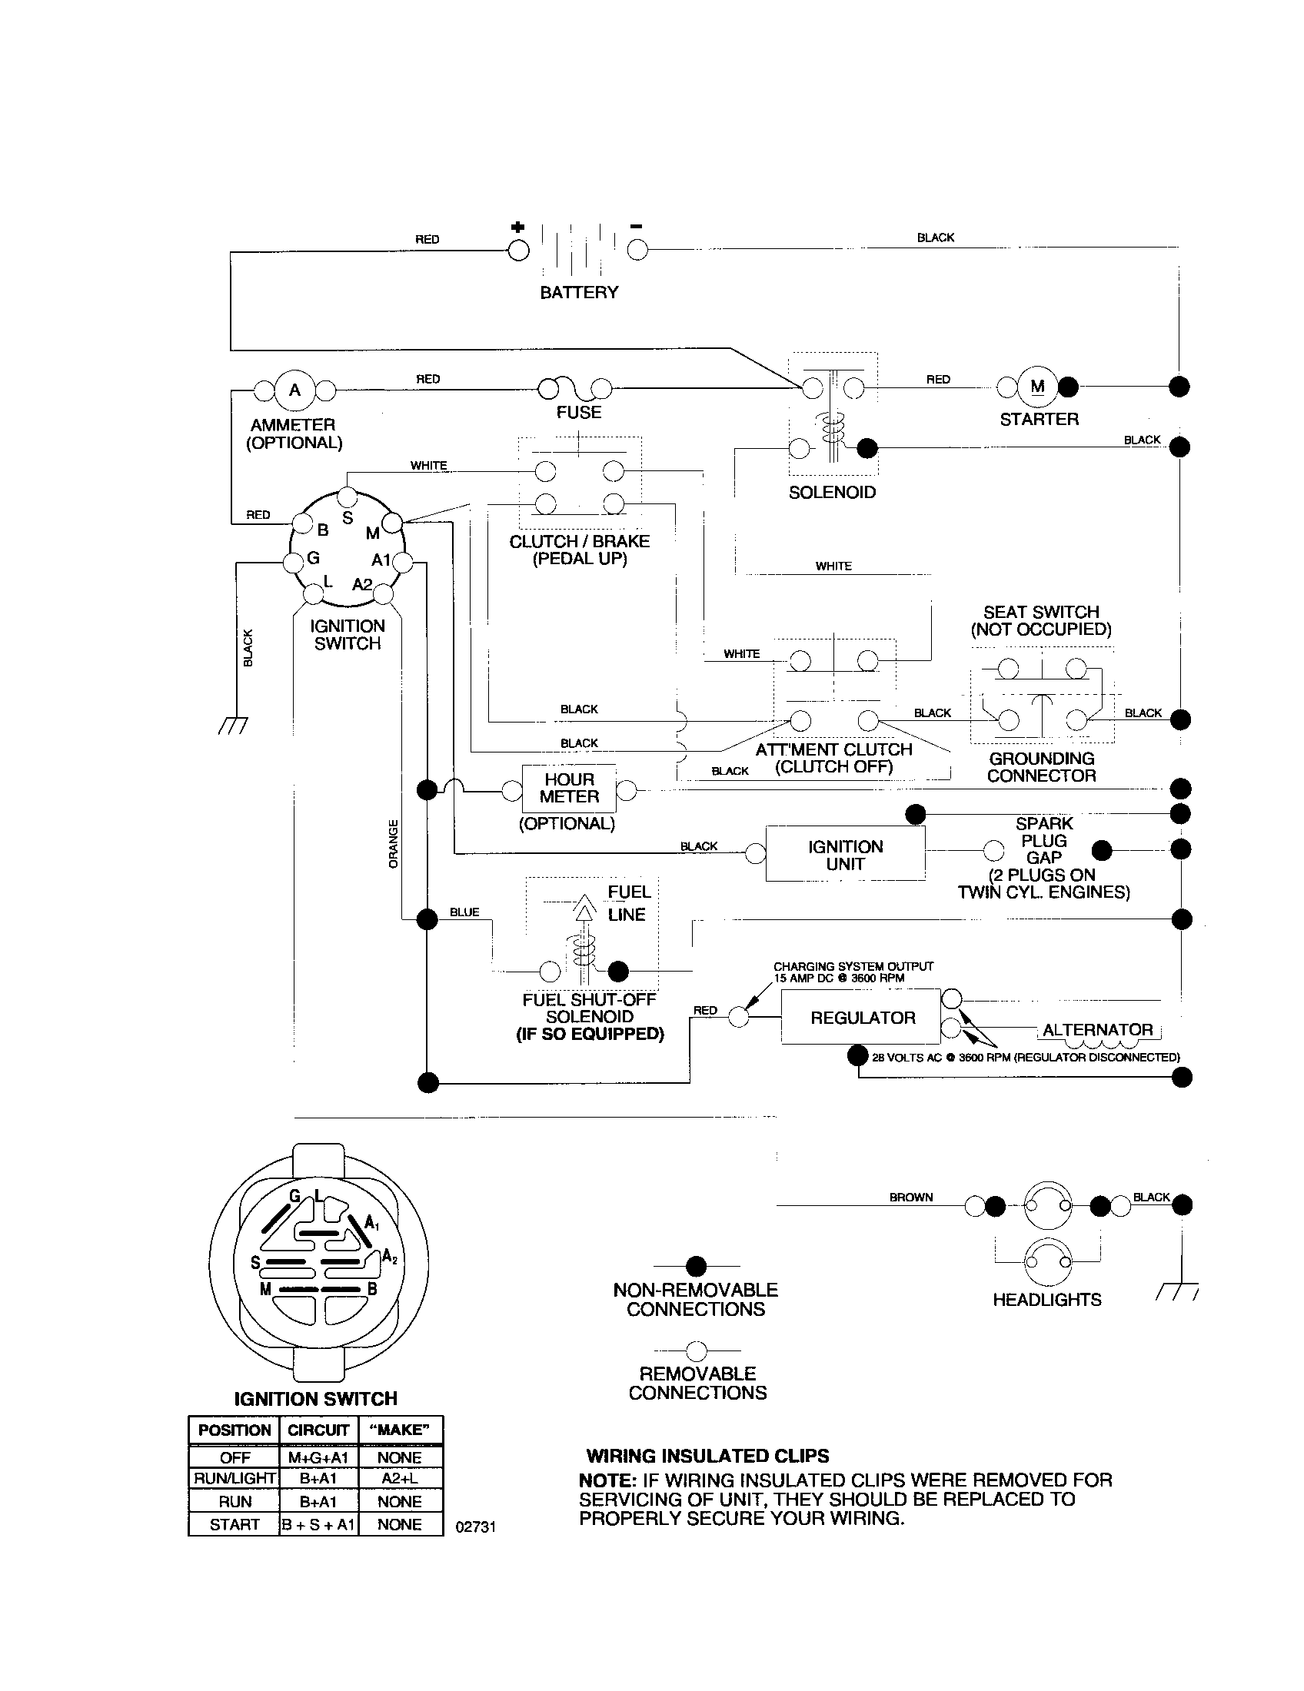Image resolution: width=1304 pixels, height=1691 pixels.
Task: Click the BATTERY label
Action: point(578,292)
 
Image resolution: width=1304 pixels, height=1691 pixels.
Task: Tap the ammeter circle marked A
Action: point(294,390)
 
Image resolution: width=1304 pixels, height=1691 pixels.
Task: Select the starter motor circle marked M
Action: point(1038,387)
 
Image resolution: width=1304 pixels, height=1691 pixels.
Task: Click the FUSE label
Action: point(578,412)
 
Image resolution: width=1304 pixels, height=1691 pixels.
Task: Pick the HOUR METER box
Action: point(569,788)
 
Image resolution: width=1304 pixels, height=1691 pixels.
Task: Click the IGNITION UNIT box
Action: point(845,855)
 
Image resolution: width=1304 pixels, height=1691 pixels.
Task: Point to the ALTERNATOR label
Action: point(1097,1030)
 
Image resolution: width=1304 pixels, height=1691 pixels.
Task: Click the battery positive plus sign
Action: point(517,227)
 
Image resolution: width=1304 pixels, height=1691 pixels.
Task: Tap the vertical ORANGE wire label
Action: point(394,843)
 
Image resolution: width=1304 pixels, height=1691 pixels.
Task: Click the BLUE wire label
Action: point(464,912)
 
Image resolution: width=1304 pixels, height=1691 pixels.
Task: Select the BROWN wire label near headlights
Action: point(910,1197)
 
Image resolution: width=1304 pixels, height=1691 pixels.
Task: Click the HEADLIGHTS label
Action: point(1047,1300)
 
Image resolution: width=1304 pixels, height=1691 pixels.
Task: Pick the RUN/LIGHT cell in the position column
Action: point(234,1478)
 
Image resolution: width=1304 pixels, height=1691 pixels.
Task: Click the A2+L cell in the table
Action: point(400,1478)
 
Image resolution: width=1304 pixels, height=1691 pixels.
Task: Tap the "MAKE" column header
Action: point(400,1430)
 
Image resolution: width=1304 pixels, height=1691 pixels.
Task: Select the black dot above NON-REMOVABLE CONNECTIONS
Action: point(696,1267)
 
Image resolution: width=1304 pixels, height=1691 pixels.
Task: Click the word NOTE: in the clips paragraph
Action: point(607,1480)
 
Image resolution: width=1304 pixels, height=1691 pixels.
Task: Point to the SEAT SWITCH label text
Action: point(1041,612)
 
